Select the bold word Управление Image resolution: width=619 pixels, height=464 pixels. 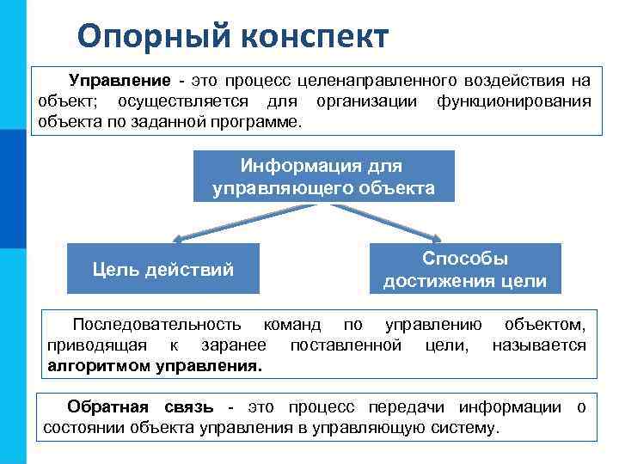pyautogui.click(x=120, y=81)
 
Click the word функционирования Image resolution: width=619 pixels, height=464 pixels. pyautogui.click(x=513, y=101)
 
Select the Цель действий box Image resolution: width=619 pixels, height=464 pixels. pyautogui.click(x=162, y=270)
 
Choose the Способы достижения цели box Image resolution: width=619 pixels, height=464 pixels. pyautogui.click(x=464, y=270)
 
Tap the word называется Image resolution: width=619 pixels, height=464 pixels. pyautogui.click(x=539, y=345)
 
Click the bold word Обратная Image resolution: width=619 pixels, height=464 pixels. pyautogui.click(x=107, y=406)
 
